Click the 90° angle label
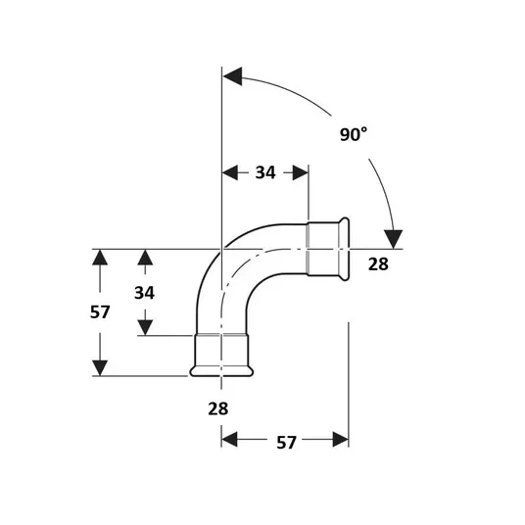[354, 134]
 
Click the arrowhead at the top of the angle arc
[232, 76]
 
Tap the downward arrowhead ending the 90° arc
[393, 239]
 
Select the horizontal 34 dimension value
[265, 172]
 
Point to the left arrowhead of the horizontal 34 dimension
[230, 172]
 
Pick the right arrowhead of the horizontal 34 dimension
[301, 172]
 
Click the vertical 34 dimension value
[144, 293]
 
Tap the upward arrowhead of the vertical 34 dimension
[145, 258]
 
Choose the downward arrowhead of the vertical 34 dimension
[145, 327]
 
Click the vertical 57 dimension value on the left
[100, 312]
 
